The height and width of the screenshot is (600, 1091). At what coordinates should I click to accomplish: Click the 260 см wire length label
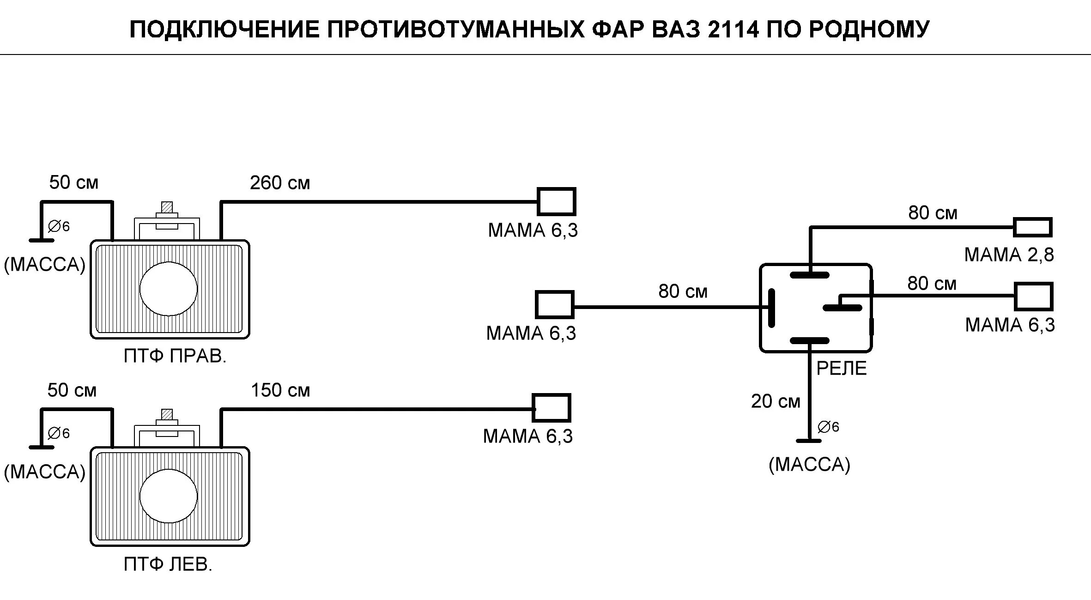tap(279, 183)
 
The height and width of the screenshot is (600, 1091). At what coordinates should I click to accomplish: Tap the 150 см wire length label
tap(280, 391)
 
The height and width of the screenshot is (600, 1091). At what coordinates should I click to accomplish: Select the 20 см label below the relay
tap(775, 401)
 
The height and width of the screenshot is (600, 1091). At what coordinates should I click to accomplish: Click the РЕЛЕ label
tap(842, 369)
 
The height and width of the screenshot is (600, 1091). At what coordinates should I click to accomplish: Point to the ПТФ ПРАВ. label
tap(175, 356)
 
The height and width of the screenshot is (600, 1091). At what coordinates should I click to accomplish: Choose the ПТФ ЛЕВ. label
tap(168, 564)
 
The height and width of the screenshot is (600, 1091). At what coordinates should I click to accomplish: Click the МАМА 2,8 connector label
tap(1009, 255)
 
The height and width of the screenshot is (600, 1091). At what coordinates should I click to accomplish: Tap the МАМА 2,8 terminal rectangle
tap(1032, 227)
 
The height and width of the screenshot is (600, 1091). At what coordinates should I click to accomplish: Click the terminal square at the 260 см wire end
tap(556, 201)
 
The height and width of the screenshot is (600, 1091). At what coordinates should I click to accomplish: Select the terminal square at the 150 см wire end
tap(551, 408)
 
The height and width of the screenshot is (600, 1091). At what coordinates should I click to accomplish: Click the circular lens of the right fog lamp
tap(169, 289)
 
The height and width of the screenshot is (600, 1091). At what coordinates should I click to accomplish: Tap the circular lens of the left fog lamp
tap(169, 496)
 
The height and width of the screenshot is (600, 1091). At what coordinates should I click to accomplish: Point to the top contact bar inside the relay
tap(809, 275)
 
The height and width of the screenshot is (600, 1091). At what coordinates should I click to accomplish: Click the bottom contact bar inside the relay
tap(809, 341)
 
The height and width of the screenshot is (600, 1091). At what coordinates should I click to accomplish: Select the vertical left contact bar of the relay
tap(771, 308)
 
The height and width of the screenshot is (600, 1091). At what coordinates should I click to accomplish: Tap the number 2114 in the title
tap(733, 30)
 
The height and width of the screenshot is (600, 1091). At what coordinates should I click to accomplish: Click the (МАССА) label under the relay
tap(809, 464)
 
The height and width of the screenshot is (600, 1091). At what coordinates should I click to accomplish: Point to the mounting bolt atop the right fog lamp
tap(167, 209)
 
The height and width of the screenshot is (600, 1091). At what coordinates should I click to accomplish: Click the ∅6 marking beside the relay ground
tap(828, 427)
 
